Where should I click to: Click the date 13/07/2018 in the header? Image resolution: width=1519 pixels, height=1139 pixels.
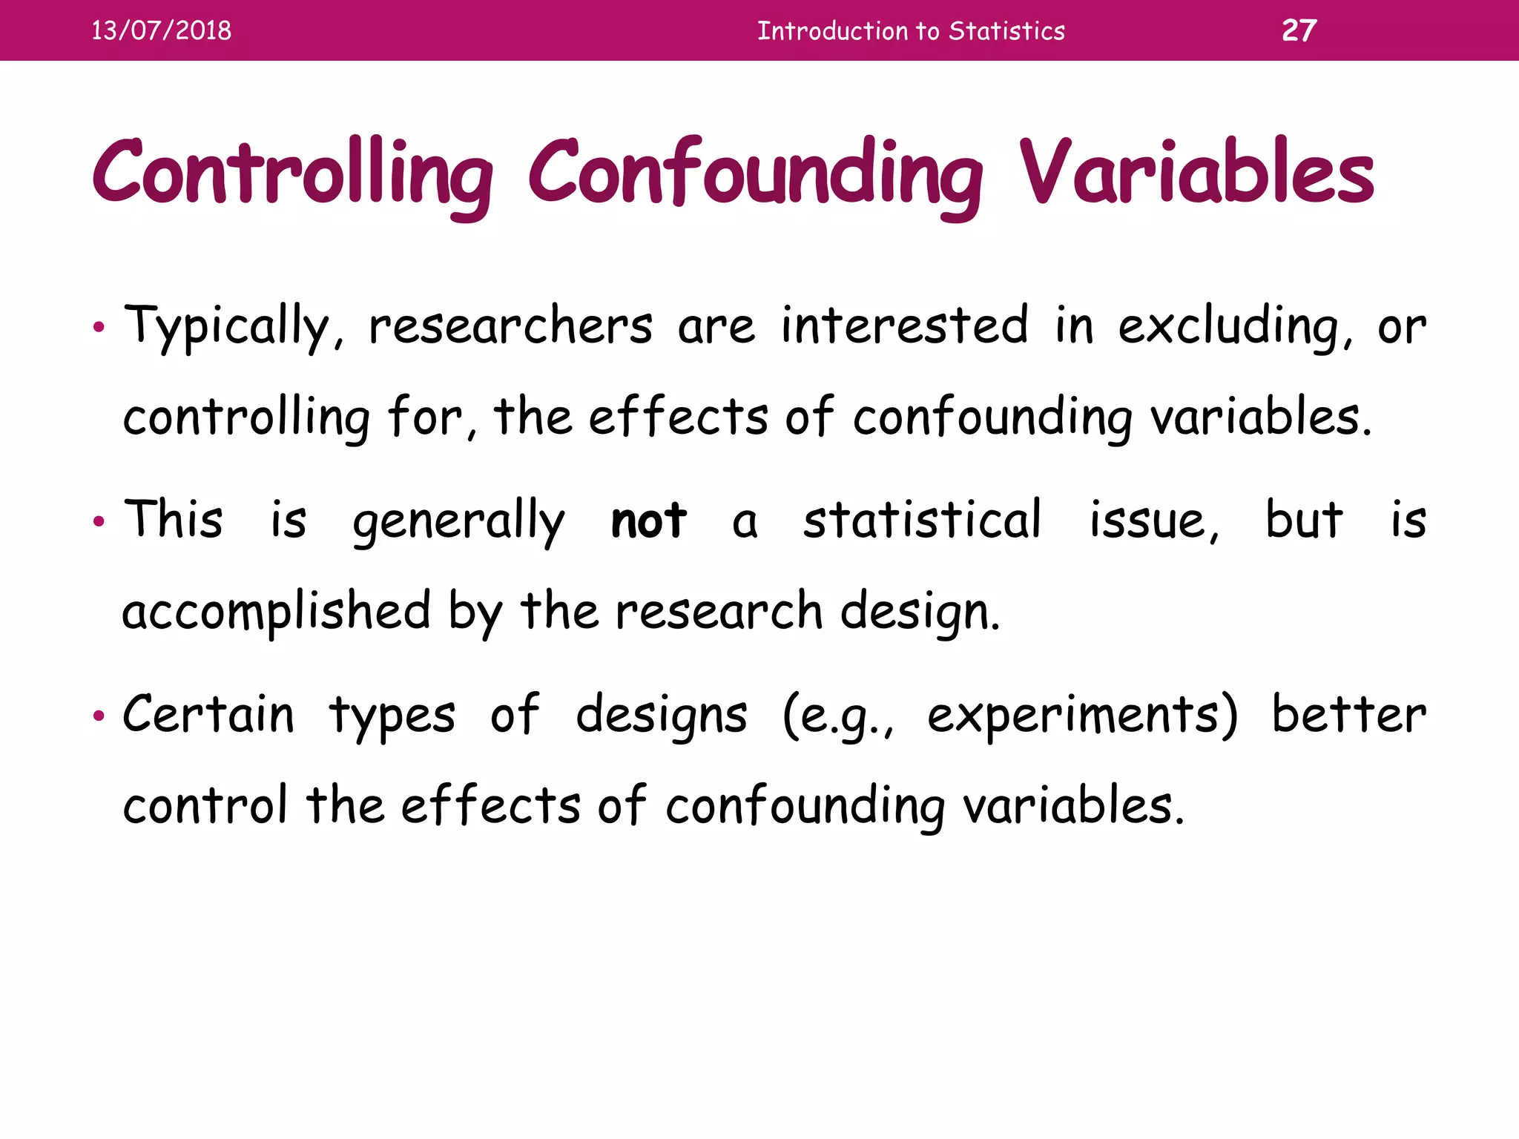click(x=161, y=30)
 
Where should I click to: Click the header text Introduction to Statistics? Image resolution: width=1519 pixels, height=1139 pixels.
click(x=911, y=31)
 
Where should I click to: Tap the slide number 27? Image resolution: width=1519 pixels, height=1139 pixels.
click(x=1299, y=30)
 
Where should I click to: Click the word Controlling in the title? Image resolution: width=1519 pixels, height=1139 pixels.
click(x=292, y=174)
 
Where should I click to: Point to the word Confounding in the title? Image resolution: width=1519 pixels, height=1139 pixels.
click(x=755, y=174)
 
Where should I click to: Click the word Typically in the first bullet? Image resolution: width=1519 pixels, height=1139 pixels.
click(x=227, y=327)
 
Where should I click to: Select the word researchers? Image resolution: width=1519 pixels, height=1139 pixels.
click(x=510, y=327)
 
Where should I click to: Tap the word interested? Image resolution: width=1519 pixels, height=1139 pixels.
click(x=905, y=326)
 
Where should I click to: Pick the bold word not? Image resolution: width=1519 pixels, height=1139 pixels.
click(x=648, y=520)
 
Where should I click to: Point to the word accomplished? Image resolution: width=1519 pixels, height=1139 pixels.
click(x=276, y=613)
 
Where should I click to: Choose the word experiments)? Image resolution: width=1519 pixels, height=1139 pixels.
click(x=1082, y=716)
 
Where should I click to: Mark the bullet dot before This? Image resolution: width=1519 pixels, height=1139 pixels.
click(x=99, y=523)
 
